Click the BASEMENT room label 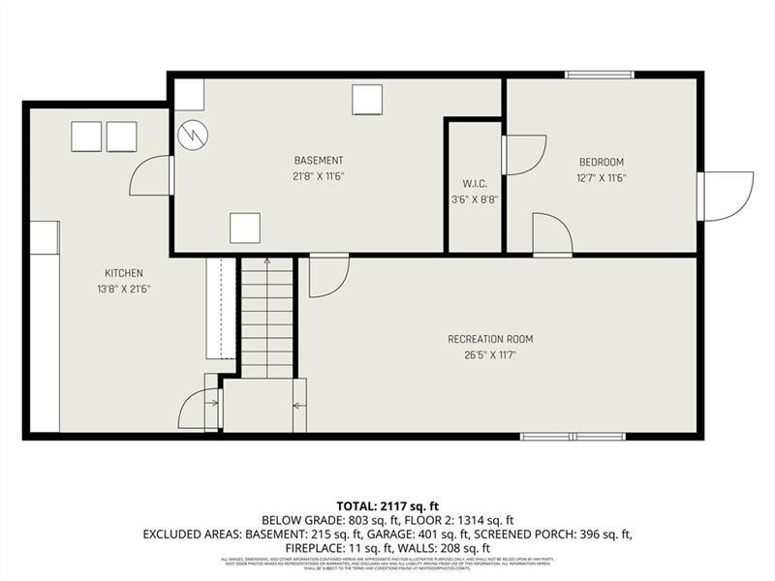319,160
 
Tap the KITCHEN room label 124,273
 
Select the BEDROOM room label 601,162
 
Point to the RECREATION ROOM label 490,339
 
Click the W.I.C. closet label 474,183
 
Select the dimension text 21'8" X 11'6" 319,176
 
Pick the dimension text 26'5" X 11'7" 490,355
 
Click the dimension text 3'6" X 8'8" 474,199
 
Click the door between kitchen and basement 152,175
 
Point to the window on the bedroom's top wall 600,75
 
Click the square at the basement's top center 367,100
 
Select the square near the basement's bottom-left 244,229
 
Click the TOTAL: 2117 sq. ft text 387,505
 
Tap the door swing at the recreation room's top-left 327,276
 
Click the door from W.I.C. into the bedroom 524,155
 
